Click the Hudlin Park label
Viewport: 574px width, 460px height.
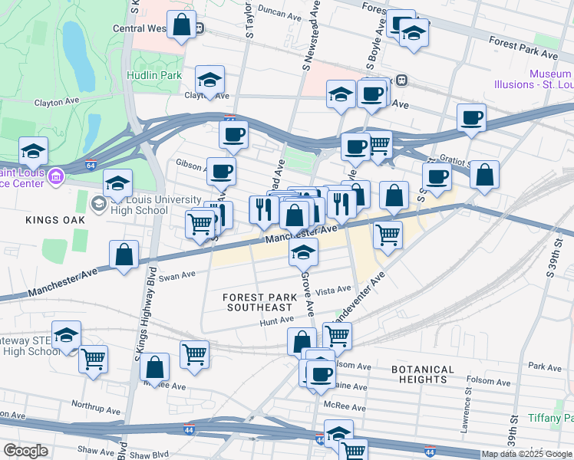pos(154,75)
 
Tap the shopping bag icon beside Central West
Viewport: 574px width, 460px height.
pos(181,25)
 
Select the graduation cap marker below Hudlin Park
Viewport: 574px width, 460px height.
pos(209,78)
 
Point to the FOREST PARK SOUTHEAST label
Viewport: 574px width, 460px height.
pos(260,302)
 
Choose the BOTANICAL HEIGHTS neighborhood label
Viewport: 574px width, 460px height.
pos(423,374)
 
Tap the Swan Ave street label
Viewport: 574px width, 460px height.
pos(177,274)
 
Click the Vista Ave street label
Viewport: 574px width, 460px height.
pos(333,291)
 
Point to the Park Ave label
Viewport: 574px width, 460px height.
pos(545,367)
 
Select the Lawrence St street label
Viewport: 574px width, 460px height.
pos(465,412)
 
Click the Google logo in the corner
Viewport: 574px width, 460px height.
pos(25,451)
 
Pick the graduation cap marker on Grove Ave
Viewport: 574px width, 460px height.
pos(304,251)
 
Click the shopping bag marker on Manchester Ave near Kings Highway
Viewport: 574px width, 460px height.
pos(124,255)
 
